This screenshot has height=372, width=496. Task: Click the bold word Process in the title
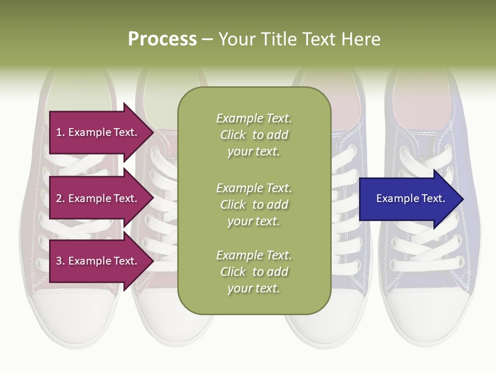click(162, 39)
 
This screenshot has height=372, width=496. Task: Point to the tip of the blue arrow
click(462, 199)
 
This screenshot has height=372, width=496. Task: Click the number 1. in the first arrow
click(60, 132)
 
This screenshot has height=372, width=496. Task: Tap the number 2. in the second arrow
click(60, 198)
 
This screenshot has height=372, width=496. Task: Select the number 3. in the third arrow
click(60, 261)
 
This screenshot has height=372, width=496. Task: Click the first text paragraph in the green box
click(254, 135)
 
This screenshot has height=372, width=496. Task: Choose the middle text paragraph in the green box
click(254, 205)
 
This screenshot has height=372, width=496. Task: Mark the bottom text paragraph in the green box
click(254, 272)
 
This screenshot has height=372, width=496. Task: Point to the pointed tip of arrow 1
click(153, 132)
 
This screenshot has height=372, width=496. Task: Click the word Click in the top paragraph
click(233, 135)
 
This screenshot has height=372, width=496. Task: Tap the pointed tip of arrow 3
click(153, 261)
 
